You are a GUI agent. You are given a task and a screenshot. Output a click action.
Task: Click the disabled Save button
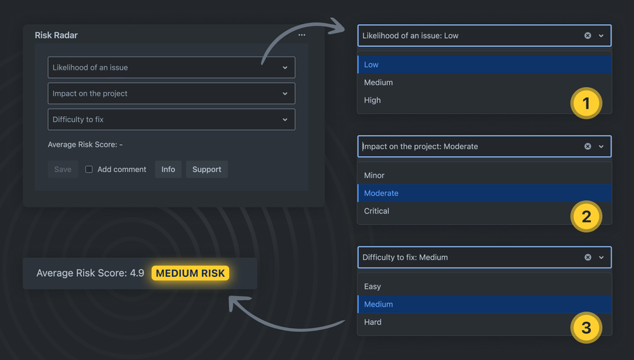click(63, 169)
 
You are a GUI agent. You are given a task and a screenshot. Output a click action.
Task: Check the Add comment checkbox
click(89, 169)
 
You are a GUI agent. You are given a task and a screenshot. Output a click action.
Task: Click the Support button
click(207, 169)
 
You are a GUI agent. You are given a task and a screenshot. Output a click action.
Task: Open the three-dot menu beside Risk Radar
click(301, 35)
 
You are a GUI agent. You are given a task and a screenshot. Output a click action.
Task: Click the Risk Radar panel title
click(56, 35)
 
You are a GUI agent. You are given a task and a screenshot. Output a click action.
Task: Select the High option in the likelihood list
click(372, 100)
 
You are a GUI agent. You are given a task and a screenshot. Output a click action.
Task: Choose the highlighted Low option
click(371, 64)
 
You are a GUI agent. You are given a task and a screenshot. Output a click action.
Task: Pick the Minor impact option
click(374, 175)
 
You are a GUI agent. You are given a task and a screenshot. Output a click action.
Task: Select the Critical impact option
click(376, 211)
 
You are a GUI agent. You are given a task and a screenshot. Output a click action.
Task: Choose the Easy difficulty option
click(373, 286)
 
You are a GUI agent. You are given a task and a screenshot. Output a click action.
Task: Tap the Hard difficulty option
click(373, 322)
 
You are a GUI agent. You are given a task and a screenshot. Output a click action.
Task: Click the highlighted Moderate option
click(381, 193)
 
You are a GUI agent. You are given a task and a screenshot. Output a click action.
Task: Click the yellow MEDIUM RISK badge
click(190, 273)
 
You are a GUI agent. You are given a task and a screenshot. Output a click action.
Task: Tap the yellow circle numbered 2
click(586, 217)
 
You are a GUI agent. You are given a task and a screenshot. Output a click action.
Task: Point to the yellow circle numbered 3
click(586, 328)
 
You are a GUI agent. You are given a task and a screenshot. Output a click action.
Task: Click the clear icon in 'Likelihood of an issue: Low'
click(588, 36)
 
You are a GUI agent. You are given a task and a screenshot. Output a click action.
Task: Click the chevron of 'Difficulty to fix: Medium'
click(601, 257)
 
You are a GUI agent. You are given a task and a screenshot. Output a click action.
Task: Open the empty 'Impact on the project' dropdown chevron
click(285, 93)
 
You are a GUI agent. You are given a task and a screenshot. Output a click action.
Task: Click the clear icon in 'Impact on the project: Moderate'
click(588, 147)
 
